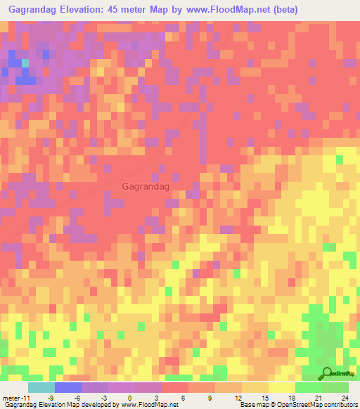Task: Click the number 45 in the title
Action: tap(124, 10)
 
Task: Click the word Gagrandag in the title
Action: tap(32, 10)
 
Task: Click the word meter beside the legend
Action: tap(11, 397)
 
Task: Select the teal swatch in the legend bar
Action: tap(41, 387)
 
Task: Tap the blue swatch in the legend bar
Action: tap(67, 387)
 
